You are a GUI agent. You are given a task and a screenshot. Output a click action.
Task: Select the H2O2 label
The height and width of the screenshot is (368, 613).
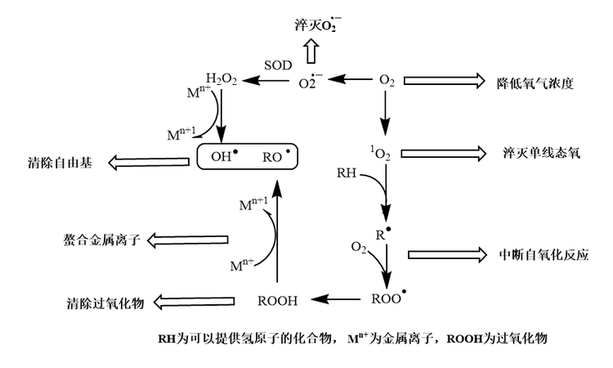[222, 79]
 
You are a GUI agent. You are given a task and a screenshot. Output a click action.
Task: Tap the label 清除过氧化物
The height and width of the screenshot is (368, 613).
[105, 303]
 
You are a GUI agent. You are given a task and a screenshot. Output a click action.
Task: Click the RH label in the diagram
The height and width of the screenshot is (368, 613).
[347, 173]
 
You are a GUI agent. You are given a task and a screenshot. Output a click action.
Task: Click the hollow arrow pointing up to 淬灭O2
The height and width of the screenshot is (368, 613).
[311, 52]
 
